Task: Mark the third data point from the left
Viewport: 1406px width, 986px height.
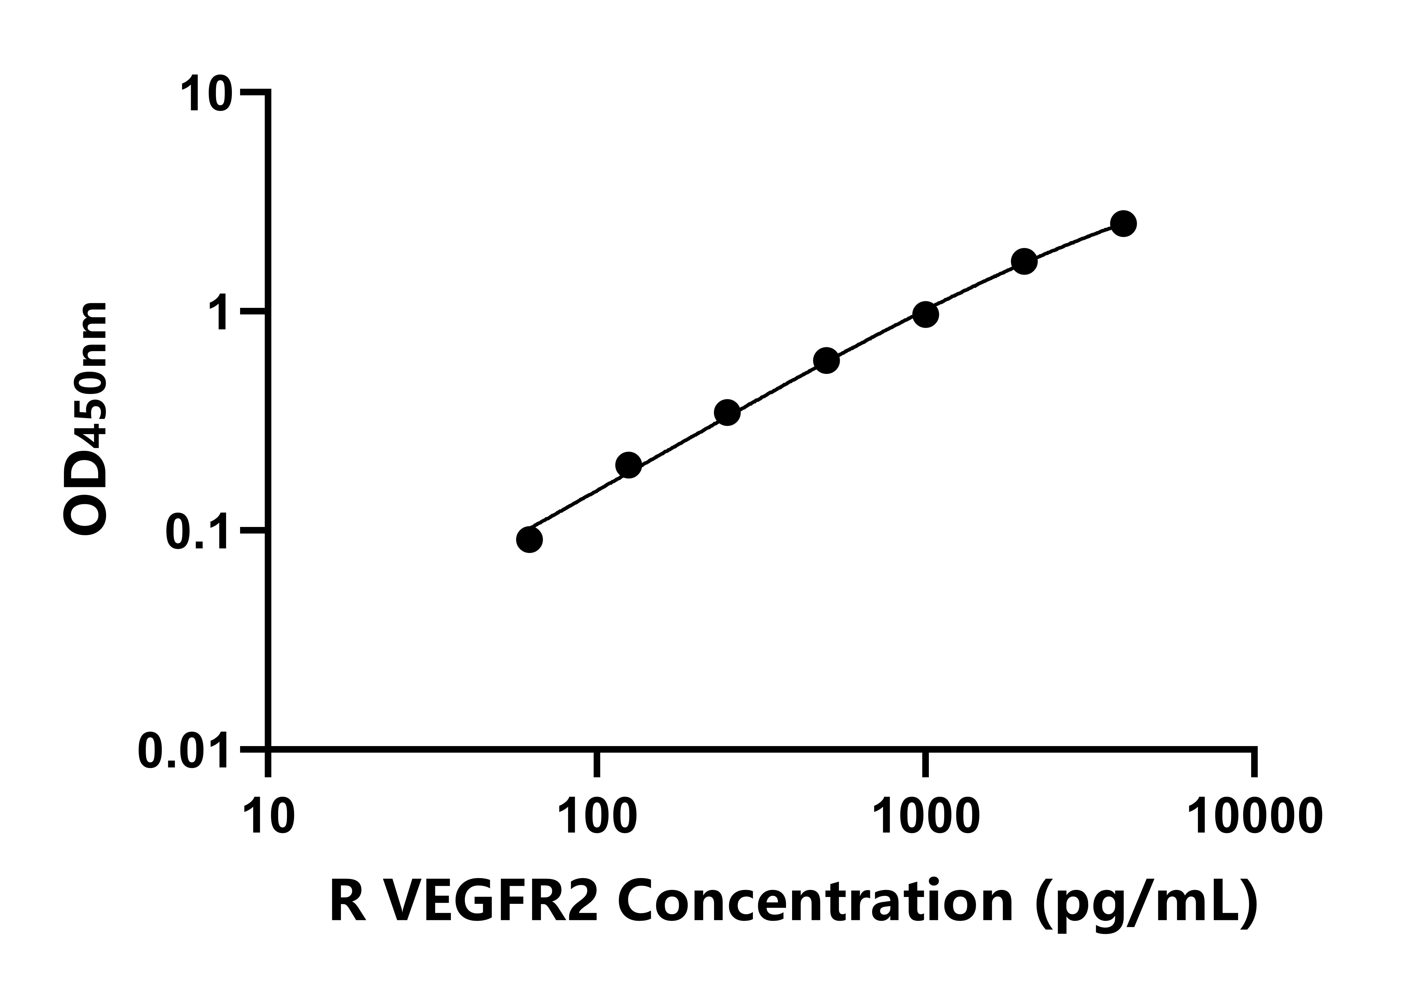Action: point(727,412)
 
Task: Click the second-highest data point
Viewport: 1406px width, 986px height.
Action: point(1024,262)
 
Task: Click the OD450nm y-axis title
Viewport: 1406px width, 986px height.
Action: point(86,419)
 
